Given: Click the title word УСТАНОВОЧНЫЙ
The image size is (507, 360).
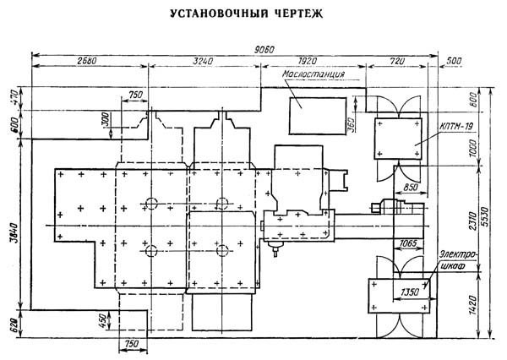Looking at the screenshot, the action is [219, 14].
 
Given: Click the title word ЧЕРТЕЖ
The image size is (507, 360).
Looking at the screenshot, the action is [299, 14].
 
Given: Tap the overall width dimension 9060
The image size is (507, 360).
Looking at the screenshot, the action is [264, 50].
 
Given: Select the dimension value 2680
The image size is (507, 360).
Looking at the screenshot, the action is [87, 61].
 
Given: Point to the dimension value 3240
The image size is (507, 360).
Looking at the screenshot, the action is [203, 61].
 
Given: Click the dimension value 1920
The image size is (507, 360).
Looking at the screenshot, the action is [308, 61].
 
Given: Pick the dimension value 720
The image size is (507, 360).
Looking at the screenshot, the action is [397, 61].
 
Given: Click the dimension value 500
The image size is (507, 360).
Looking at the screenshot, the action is [454, 61].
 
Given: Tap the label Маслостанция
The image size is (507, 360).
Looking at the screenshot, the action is [313, 74].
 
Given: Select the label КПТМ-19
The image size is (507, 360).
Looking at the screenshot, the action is [455, 126].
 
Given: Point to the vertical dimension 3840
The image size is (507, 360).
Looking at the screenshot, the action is [14, 233].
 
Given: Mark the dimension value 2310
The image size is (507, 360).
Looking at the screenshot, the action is [472, 221].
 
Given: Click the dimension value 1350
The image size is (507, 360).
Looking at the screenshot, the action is [410, 292].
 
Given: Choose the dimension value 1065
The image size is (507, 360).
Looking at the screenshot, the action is [408, 243].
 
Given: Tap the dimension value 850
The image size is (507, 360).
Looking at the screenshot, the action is [411, 187].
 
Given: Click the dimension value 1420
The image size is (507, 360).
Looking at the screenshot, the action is [472, 306].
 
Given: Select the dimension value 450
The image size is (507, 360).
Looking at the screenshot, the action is [103, 321].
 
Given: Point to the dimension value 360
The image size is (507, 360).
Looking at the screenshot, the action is [352, 124].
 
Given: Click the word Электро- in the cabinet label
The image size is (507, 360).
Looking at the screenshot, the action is [459, 255].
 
